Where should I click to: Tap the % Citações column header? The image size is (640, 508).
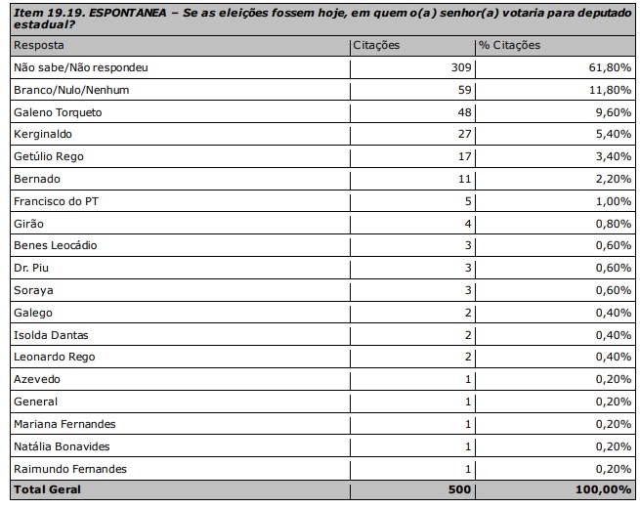[509, 46]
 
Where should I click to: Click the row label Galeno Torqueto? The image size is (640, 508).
[58, 112]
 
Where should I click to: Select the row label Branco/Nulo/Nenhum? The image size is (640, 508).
[71, 90]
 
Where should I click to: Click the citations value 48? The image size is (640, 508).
[463, 112]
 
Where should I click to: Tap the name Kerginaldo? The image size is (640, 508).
[44, 135]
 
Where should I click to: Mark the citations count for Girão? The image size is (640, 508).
[468, 223]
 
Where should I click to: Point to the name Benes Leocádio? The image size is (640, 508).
[55, 245]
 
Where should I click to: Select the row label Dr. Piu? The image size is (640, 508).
[32, 268]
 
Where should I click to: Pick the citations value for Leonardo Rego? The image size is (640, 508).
[468, 357]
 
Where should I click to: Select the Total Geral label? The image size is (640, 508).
[47, 489]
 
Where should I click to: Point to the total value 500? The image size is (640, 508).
[459, 489]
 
